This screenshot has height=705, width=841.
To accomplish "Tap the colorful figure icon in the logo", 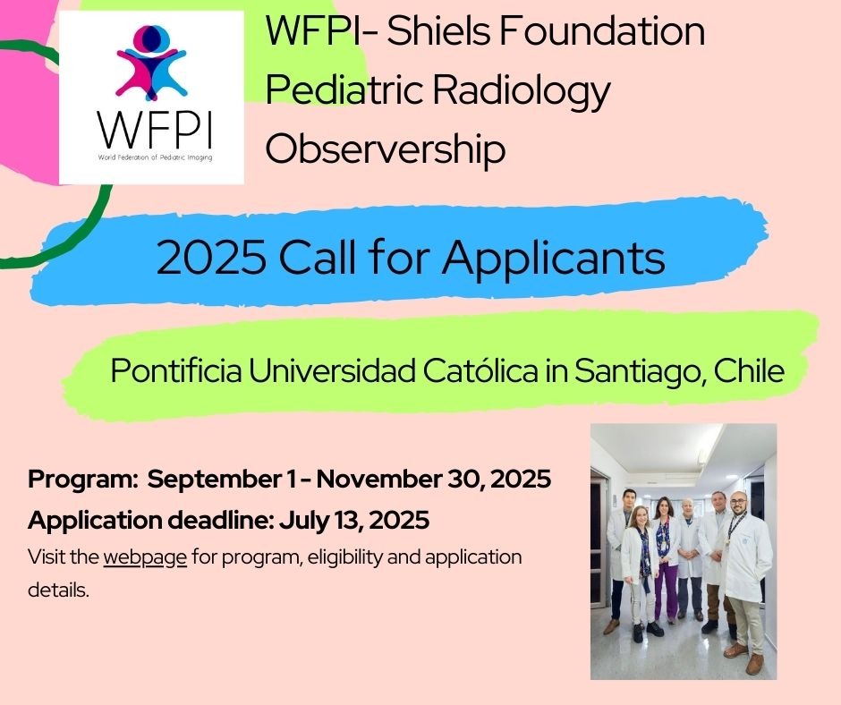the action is [151, 63].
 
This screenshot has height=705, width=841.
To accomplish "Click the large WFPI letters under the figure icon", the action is [155, 131].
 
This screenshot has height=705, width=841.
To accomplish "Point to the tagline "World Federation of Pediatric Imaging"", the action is [155, 157].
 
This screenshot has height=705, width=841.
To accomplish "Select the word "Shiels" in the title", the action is [438, 30].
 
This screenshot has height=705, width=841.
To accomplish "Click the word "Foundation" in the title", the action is [602, 30].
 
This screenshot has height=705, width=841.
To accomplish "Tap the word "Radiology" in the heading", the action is [522, 91].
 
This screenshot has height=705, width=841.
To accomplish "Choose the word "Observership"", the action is [385, 149].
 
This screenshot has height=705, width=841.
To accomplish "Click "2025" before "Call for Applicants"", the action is [211, 258].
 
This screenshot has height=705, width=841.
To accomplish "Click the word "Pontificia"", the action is [175, 370].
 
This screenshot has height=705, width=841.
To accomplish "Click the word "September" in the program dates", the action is [214, 480].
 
